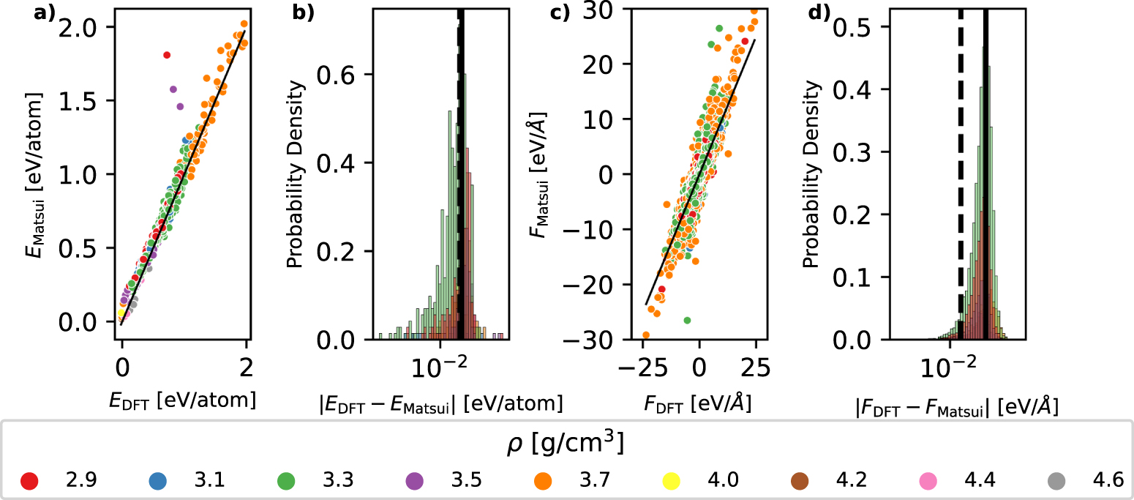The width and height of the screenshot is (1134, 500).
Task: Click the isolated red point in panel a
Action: (x=167, y=55)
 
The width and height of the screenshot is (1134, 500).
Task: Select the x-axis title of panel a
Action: (x=184, y=400)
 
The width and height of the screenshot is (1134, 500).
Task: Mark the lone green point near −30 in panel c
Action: (x=687, y=321)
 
